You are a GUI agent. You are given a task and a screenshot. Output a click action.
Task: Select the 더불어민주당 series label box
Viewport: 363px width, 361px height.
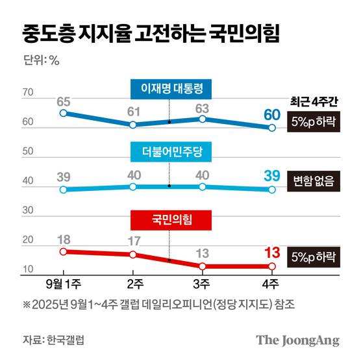tap(169, 152)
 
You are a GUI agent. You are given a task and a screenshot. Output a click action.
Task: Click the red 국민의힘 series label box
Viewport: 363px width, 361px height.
tap(169, 220)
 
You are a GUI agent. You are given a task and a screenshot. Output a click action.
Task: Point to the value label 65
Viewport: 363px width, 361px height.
tap(63, 101)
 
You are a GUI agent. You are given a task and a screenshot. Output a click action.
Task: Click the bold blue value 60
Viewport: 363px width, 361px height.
tap(272, 115)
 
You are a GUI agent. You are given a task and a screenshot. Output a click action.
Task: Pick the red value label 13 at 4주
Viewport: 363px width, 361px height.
tap(272, 253)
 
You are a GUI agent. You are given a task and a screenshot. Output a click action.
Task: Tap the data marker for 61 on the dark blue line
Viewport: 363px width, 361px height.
tap(132, 125)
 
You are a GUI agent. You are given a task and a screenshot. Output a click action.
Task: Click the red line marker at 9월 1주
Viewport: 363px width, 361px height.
tap(63, 252)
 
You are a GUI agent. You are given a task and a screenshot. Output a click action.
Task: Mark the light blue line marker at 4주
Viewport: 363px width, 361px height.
tap(272, 190)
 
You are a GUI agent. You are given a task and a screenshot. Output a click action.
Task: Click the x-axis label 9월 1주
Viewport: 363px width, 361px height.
tap(63, 284)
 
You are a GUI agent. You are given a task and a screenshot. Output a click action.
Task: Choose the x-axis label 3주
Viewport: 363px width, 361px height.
tap(203, 284)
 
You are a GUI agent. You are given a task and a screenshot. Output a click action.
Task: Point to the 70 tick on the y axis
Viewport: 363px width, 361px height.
tap(29, 93)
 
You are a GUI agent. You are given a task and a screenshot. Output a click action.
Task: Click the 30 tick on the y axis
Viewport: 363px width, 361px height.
tap(29, 211)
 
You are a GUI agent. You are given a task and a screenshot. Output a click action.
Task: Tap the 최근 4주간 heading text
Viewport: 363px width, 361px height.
tap(315, 101)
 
